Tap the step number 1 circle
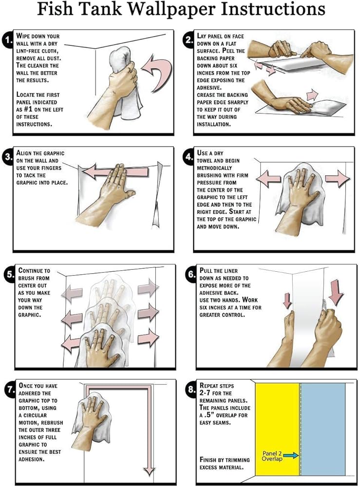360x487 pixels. point(8,41)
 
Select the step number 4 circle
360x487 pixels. point(189,157)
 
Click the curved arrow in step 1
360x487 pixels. point(156,70)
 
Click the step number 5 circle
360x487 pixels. point(8,274)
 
